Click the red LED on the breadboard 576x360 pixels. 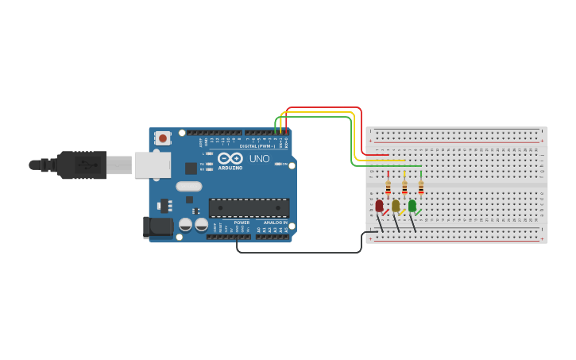click(x=379, y=206)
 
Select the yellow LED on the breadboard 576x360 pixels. click(x=396, y=206)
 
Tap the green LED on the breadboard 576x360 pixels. click(x=412, y=206)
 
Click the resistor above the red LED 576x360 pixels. click(x=388, y=188)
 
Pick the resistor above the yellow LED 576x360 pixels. click(x=404, y=188)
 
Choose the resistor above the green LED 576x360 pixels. click(x=421, y=188)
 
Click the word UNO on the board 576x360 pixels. click(x=260, y=159)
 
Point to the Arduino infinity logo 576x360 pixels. click(x=230, y=158)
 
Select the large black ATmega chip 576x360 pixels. click(x=249, y=208)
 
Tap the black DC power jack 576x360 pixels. click(x=159, y=226)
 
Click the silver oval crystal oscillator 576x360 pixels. click(x=189, y=187)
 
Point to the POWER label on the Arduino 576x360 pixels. click(x=242, y=223)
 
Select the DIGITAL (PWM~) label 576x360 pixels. click(x=257, y=146)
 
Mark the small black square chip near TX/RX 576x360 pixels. click(x=191, y=168)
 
